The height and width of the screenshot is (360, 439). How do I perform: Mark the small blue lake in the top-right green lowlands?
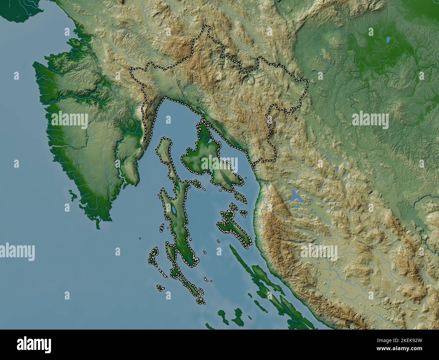(389, 40)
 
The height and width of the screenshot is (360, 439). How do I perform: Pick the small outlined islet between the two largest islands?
(195, 183)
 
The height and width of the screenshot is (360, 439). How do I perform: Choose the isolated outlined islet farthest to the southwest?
(160, 288)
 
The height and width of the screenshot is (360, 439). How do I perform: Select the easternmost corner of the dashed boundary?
(308, 81)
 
